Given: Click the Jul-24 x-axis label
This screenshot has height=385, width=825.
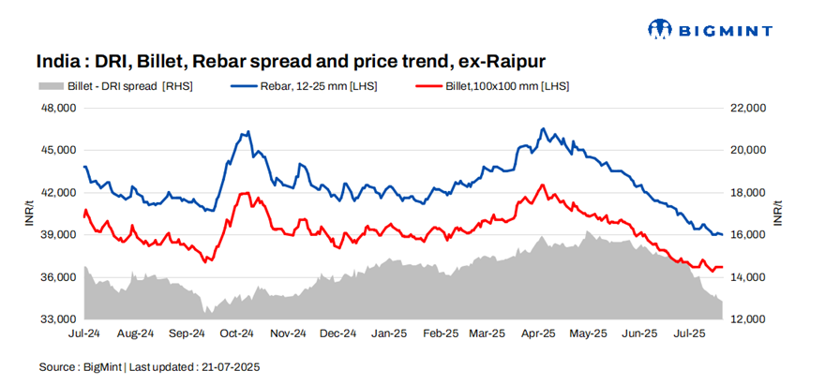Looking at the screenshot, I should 84,333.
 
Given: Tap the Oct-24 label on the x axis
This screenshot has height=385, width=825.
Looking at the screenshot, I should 237,333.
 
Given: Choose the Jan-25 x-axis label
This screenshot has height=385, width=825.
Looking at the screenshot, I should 388,333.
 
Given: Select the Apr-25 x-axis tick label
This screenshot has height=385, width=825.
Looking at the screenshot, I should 539,333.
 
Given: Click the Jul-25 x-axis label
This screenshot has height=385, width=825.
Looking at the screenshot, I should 691,333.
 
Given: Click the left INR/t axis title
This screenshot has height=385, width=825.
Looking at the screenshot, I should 28,214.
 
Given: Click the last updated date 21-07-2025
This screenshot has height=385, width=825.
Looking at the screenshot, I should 231,367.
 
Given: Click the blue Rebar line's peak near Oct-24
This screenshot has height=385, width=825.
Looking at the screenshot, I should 247,132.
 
